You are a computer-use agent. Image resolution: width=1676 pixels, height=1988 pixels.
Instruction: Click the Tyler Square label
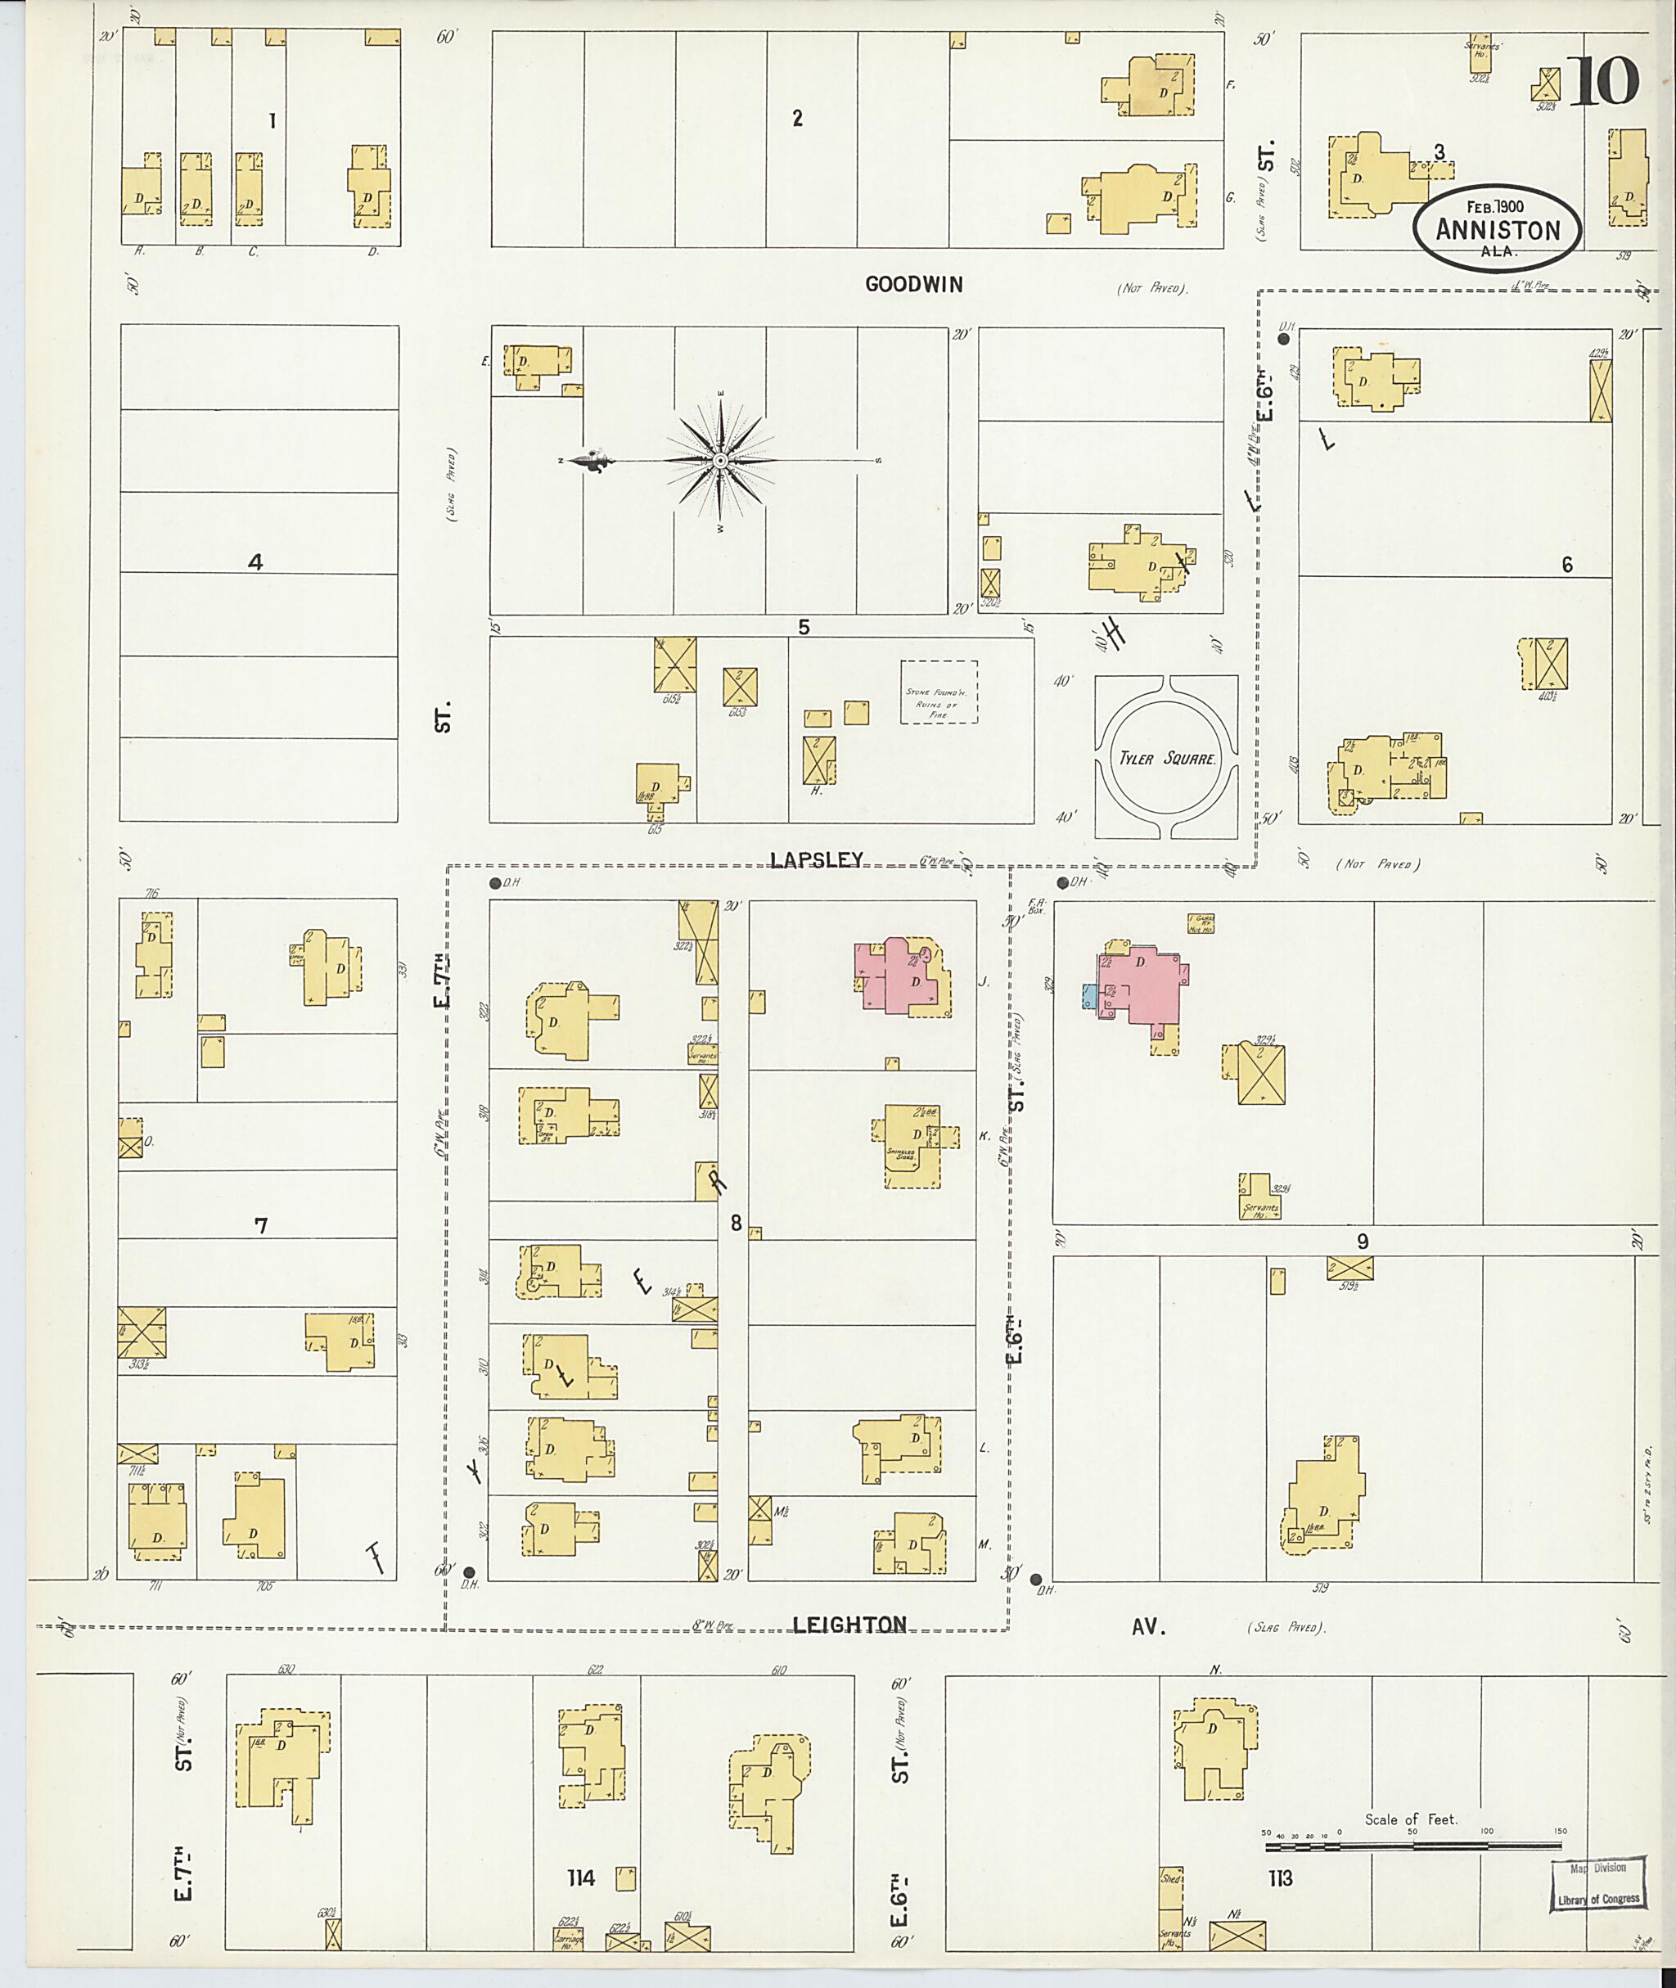click(1166, 759)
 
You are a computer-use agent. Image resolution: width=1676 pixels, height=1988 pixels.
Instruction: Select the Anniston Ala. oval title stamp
click(1498, 229)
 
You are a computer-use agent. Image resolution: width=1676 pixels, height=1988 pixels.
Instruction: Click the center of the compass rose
click(720, 461)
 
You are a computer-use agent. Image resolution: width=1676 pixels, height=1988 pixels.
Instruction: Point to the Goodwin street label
click(914, 284)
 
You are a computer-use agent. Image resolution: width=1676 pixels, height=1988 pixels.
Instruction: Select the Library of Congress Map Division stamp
click(1600, 1887)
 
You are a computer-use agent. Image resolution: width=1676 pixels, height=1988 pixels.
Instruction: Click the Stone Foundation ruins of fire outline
click(939, 692)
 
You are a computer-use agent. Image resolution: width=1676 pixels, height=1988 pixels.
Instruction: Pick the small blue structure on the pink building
click(1089, 996)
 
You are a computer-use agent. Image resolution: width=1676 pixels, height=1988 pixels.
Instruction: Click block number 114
click(580, 1877)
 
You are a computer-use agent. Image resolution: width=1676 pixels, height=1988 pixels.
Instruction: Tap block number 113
click(1279, 1878)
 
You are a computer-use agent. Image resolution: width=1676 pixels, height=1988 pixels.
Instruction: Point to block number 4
click(255, 562)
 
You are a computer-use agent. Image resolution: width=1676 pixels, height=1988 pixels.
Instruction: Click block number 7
click(260, 1226)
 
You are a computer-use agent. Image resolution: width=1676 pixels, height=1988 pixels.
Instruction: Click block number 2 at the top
click(797, 118)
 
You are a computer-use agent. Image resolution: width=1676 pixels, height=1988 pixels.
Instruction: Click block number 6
click(1566, 565)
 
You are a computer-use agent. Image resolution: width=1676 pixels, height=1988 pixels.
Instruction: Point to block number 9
click(1363, 1241)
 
